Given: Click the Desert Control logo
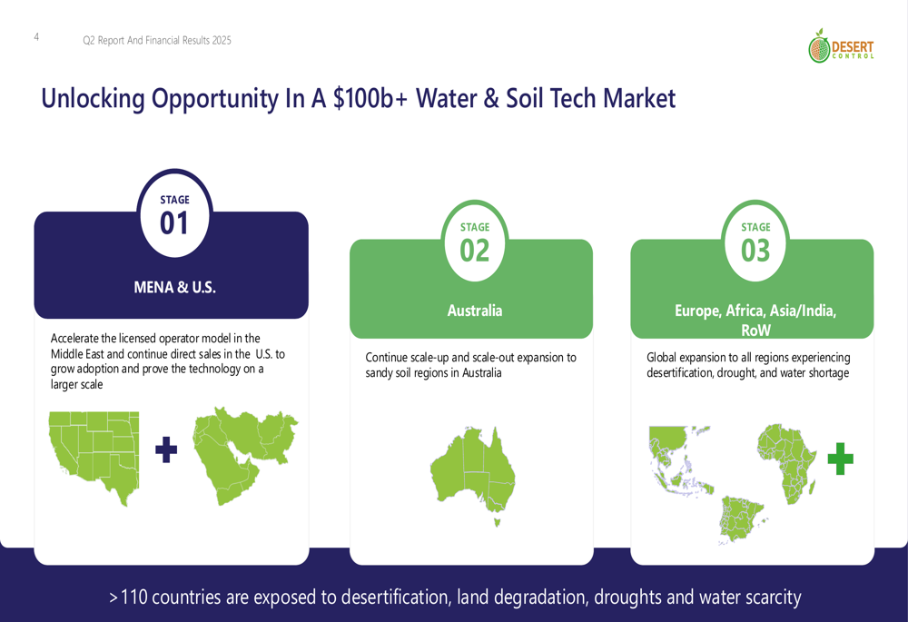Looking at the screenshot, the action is (841, 45).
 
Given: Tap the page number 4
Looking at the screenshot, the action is (36, 37).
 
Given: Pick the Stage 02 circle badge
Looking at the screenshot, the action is (474, 242).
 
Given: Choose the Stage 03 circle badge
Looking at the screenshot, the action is (755, 242).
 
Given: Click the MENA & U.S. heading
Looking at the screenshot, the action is (174, 287).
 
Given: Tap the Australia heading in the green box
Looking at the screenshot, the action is (474, 311).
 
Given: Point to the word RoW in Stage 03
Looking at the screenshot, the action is (755, 331).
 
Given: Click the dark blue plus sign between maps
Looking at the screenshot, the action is (166, 449).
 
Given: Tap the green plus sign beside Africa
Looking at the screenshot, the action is (840, 459).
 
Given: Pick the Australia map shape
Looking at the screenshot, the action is (472, 470).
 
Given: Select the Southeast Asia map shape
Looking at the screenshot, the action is (678, 460).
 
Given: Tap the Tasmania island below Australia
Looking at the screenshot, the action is (497, 522).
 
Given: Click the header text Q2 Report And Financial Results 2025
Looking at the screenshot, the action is (157, 40).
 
